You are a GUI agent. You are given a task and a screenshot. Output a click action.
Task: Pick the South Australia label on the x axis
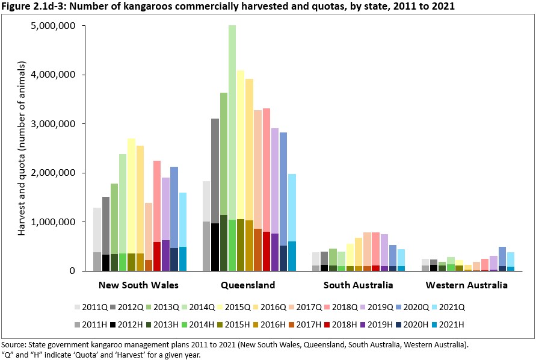tap(359, 285)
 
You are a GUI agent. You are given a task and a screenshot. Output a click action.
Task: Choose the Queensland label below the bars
tap(248, 285)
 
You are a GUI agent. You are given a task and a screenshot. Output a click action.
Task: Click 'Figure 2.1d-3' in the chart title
tap(33, 7)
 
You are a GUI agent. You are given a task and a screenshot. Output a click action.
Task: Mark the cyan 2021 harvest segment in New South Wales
tap(183, 259)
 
